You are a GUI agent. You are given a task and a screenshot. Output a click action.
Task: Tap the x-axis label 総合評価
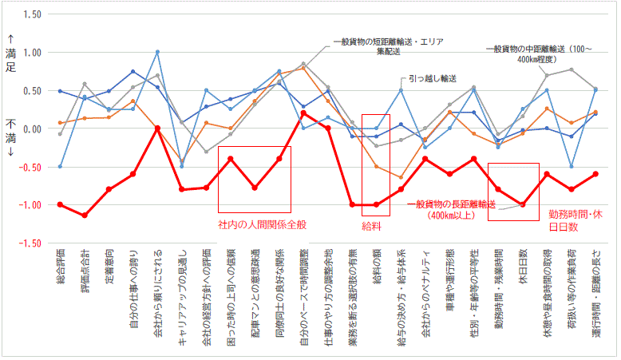[60, 272]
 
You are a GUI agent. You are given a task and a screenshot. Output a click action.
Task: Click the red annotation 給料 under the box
[375, 226]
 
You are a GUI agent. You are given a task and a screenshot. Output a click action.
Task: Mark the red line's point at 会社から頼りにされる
[157, 129]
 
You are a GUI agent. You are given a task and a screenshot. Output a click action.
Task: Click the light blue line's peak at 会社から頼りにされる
[157, 52]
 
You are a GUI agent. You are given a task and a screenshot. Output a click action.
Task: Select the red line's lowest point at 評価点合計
[85, 216]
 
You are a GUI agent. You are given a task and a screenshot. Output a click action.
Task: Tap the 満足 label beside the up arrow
[10, 61]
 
